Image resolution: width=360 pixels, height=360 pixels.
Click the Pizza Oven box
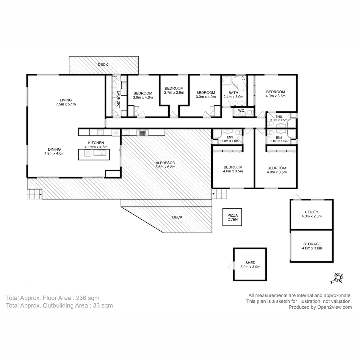pyautogui.click(x=232, y=217)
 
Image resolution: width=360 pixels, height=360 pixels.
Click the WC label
pyautogui.click(x=241, y=110)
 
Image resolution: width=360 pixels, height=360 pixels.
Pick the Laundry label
pyautogui.click(x=118, y=99)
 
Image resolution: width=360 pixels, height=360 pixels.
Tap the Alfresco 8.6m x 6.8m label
pyautogui.click(x=165, y=165)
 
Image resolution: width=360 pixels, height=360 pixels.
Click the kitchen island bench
pyautogui.click(x=94, y=154)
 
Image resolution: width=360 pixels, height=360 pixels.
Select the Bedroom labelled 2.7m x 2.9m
pyautogui.click(x=174, y=90)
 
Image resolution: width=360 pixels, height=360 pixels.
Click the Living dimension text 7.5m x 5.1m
pyautogui.click(x=66, y=104)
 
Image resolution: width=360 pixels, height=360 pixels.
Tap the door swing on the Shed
pyautogui.click(x=231, y=266)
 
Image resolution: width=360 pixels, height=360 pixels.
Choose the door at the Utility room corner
pyautogui.click(x=297, y=197)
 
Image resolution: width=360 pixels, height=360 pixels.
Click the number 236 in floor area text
pyautogui.click(x=81, y=298)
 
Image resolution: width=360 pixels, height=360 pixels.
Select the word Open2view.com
pyautogui.click(x=334, y=307)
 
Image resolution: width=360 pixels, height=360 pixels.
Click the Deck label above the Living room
pyautogui.click(x=103, y=65)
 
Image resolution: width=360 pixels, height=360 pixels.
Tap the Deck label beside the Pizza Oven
pyautogui.click(x=177, y=217)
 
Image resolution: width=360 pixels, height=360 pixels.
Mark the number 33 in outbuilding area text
pyautogui.click(x=96, y=306)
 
